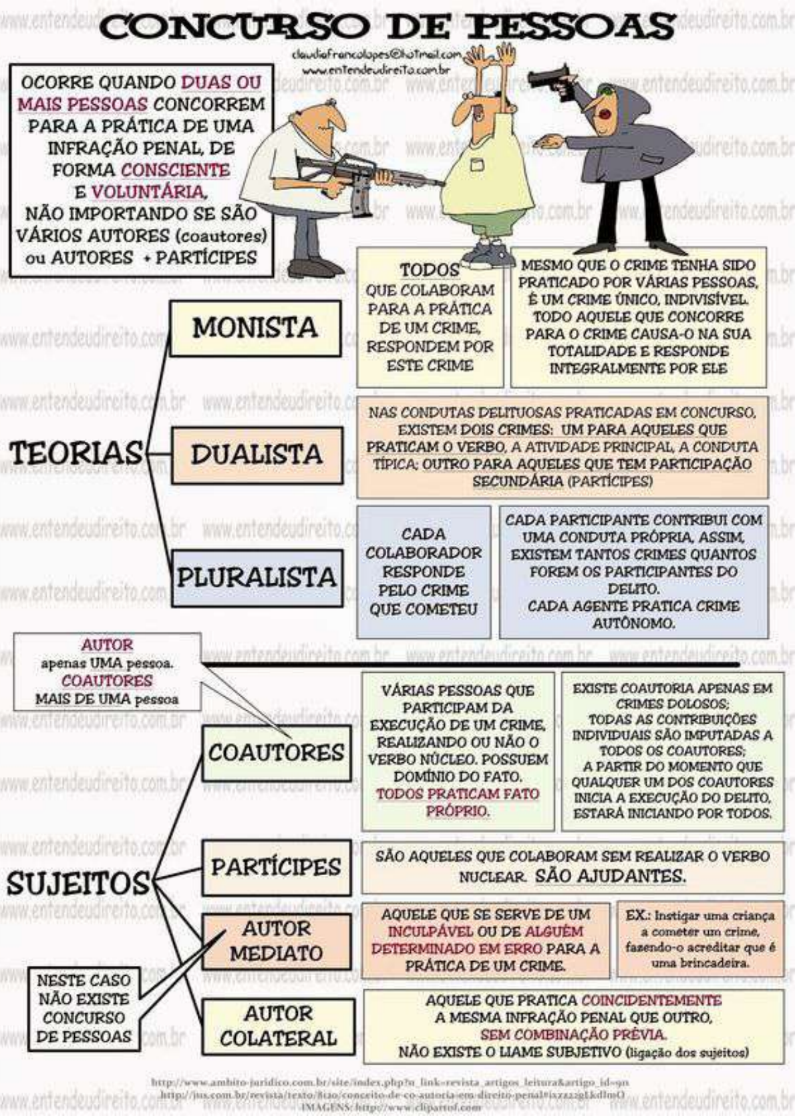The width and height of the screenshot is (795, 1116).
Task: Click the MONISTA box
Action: click(x=255, y=328)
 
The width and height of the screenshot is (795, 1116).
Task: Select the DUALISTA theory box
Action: click(x=257, y=455)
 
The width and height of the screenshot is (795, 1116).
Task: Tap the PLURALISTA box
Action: click(x=257, y=577)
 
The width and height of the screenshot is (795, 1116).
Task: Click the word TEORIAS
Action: click(x=75, y=453)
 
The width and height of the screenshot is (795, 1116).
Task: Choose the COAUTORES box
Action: click(x=277, y=753)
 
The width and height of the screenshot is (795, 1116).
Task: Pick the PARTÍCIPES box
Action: click(x=277, y=867)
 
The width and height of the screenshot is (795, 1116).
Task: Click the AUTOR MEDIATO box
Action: click(x=277, y=941)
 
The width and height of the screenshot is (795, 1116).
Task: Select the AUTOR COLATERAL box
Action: click(x=278, y=1026)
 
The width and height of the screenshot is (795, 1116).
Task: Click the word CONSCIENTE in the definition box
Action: click(x=175, y=170)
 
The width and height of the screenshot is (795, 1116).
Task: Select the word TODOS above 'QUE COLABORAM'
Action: click(x=430, y=270)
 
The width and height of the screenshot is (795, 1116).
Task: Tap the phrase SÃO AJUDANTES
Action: click(x=610, y=875)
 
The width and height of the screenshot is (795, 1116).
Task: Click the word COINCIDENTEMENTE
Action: click(x=651, y=1000)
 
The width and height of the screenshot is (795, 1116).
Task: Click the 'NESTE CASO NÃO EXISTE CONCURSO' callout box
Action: click(x=84, y=1009)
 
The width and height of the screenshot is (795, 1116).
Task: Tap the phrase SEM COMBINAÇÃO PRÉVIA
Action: click(x=573, y=1035)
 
